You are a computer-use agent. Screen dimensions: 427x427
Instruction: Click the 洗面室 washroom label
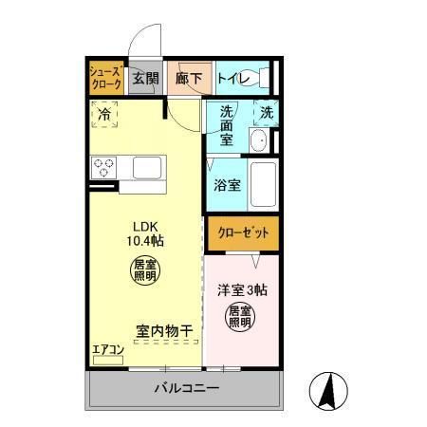point(227,124)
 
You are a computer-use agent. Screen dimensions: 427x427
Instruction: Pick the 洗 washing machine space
point(268,113)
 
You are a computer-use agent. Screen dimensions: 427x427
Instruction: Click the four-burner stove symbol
point(104,168)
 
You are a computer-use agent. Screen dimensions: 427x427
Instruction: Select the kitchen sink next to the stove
point(148,168)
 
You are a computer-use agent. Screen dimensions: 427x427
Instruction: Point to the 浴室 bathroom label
point(226,183)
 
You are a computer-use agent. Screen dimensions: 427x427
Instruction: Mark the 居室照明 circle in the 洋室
point(238,316)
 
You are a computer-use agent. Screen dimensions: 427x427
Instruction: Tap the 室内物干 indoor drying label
point(163,331)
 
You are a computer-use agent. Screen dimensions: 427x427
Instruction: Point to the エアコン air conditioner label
point(107,349)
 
